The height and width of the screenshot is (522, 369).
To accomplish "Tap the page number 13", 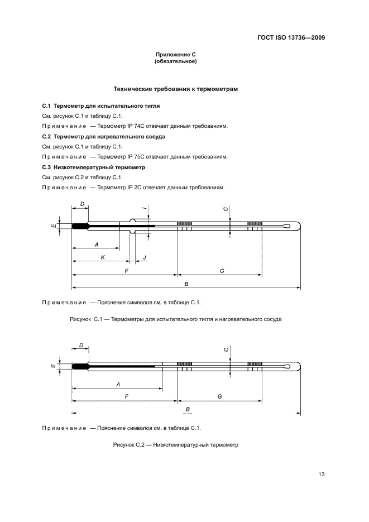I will pos(322,475).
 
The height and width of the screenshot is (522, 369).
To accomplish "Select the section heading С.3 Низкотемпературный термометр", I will pos(93,167).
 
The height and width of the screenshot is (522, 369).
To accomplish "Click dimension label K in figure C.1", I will pos(103,257).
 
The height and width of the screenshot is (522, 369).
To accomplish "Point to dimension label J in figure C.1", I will pos(145,257).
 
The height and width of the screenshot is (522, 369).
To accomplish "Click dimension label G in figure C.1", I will pos(222,270).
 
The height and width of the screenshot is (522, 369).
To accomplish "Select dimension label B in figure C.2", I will pos(188,409).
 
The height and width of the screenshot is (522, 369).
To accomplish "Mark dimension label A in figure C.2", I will pos(118,384).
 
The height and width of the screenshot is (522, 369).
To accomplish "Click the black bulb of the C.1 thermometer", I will pos(80,226).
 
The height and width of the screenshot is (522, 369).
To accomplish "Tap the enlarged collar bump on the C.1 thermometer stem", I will pos(133,226).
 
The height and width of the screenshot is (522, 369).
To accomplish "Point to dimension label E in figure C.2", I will pos(52,366).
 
